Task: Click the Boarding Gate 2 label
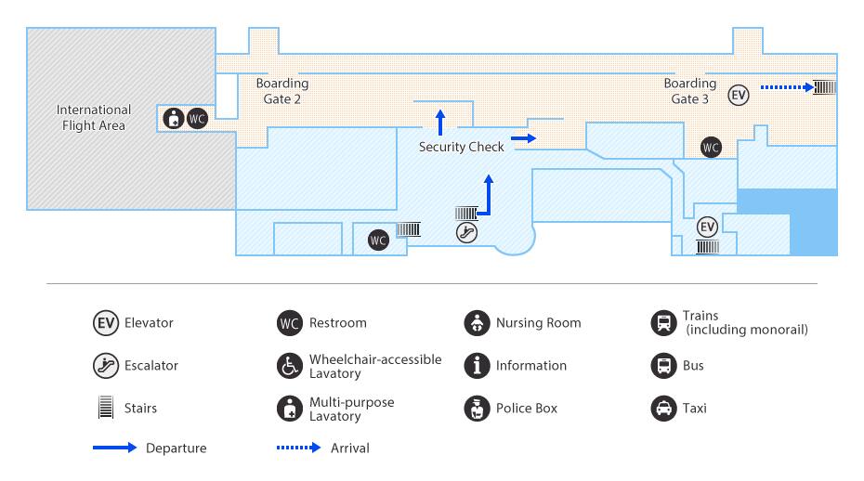(282, 91)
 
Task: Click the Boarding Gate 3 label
(690, 91)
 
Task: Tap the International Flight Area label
(94, 117)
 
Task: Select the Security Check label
(461, 147)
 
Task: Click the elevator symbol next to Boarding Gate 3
(739, 96)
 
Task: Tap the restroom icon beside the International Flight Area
(197, 119)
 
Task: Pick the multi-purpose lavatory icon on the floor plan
(174, 119)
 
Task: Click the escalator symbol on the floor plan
(466, 232)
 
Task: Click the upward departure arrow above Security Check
(440, 123)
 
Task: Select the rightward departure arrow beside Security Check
(523, 138)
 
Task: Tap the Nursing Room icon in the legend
(478, 323)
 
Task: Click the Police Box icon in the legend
(478, 409)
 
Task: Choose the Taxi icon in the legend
(664, 409)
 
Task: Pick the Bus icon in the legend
(664, 365)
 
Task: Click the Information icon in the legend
(478, 365)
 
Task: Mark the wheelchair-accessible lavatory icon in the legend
(290, 365)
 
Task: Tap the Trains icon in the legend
(664, 323)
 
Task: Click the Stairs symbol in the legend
(106, 407)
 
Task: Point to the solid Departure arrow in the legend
(114, 448)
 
